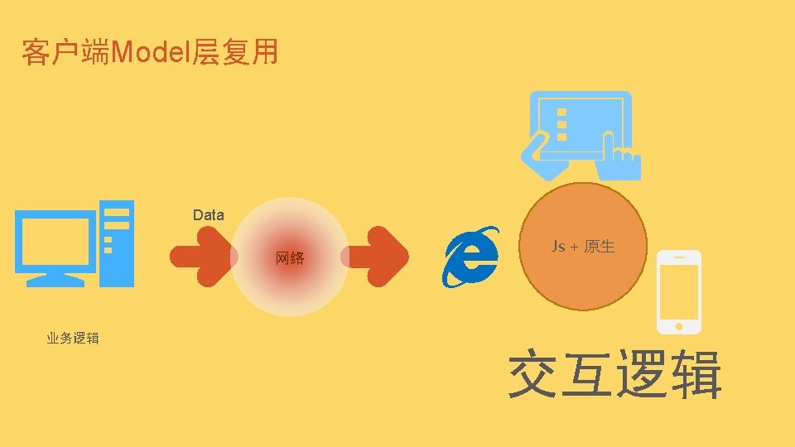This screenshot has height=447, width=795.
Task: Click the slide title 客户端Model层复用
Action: (150, 53)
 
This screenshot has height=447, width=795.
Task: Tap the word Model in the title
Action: (151, 53)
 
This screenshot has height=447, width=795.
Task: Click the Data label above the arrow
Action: (209, 215)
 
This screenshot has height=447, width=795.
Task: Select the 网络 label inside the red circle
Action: (290, 259)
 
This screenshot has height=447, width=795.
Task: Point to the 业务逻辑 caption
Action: (73, 338)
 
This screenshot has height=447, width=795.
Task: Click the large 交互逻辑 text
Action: (614, 375)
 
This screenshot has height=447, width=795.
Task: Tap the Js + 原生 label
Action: (583, 247)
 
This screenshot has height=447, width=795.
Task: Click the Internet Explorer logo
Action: (471, 256)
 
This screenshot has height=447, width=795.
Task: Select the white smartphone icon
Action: (678, 291)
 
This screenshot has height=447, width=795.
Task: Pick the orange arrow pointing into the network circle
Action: (201, 256)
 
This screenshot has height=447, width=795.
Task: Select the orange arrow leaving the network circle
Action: (378, 256)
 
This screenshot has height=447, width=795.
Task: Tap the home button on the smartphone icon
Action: (679, 321)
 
